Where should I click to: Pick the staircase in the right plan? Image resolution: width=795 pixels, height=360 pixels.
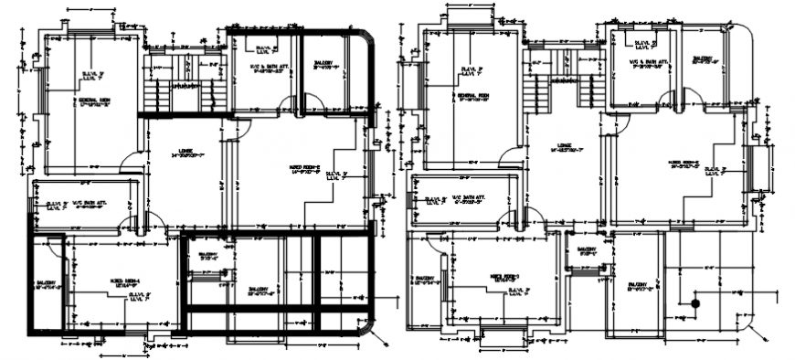pyautogui.click(x=558, y=82)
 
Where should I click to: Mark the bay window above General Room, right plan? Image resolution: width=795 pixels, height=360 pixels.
pyautogui.click(x=474, y=16)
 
